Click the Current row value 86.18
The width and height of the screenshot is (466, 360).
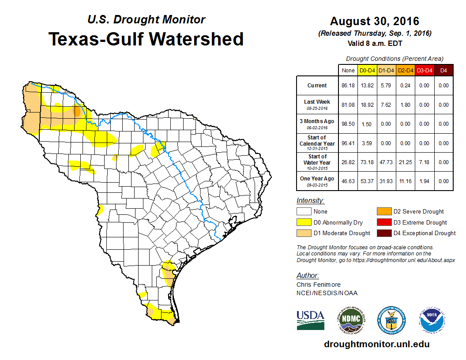click(348, 86)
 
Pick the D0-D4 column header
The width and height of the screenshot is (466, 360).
click(367, 71)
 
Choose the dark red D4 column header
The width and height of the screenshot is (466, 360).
click(443, 71)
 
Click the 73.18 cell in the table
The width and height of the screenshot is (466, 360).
click(367, 162)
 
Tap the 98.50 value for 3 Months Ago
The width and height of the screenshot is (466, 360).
click(348, 124)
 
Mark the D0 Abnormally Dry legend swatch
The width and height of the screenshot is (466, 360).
click(304, 222)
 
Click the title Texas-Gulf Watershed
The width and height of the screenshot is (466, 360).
click(146, 39)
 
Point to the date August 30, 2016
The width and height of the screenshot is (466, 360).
click(375, 21)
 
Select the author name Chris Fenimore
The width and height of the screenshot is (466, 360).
click(319, 285)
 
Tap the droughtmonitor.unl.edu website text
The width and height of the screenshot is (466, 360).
click(376, 344)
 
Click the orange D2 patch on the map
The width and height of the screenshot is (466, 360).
click(77, 110)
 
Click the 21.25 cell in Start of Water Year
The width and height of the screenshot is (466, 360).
click(405, 162)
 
